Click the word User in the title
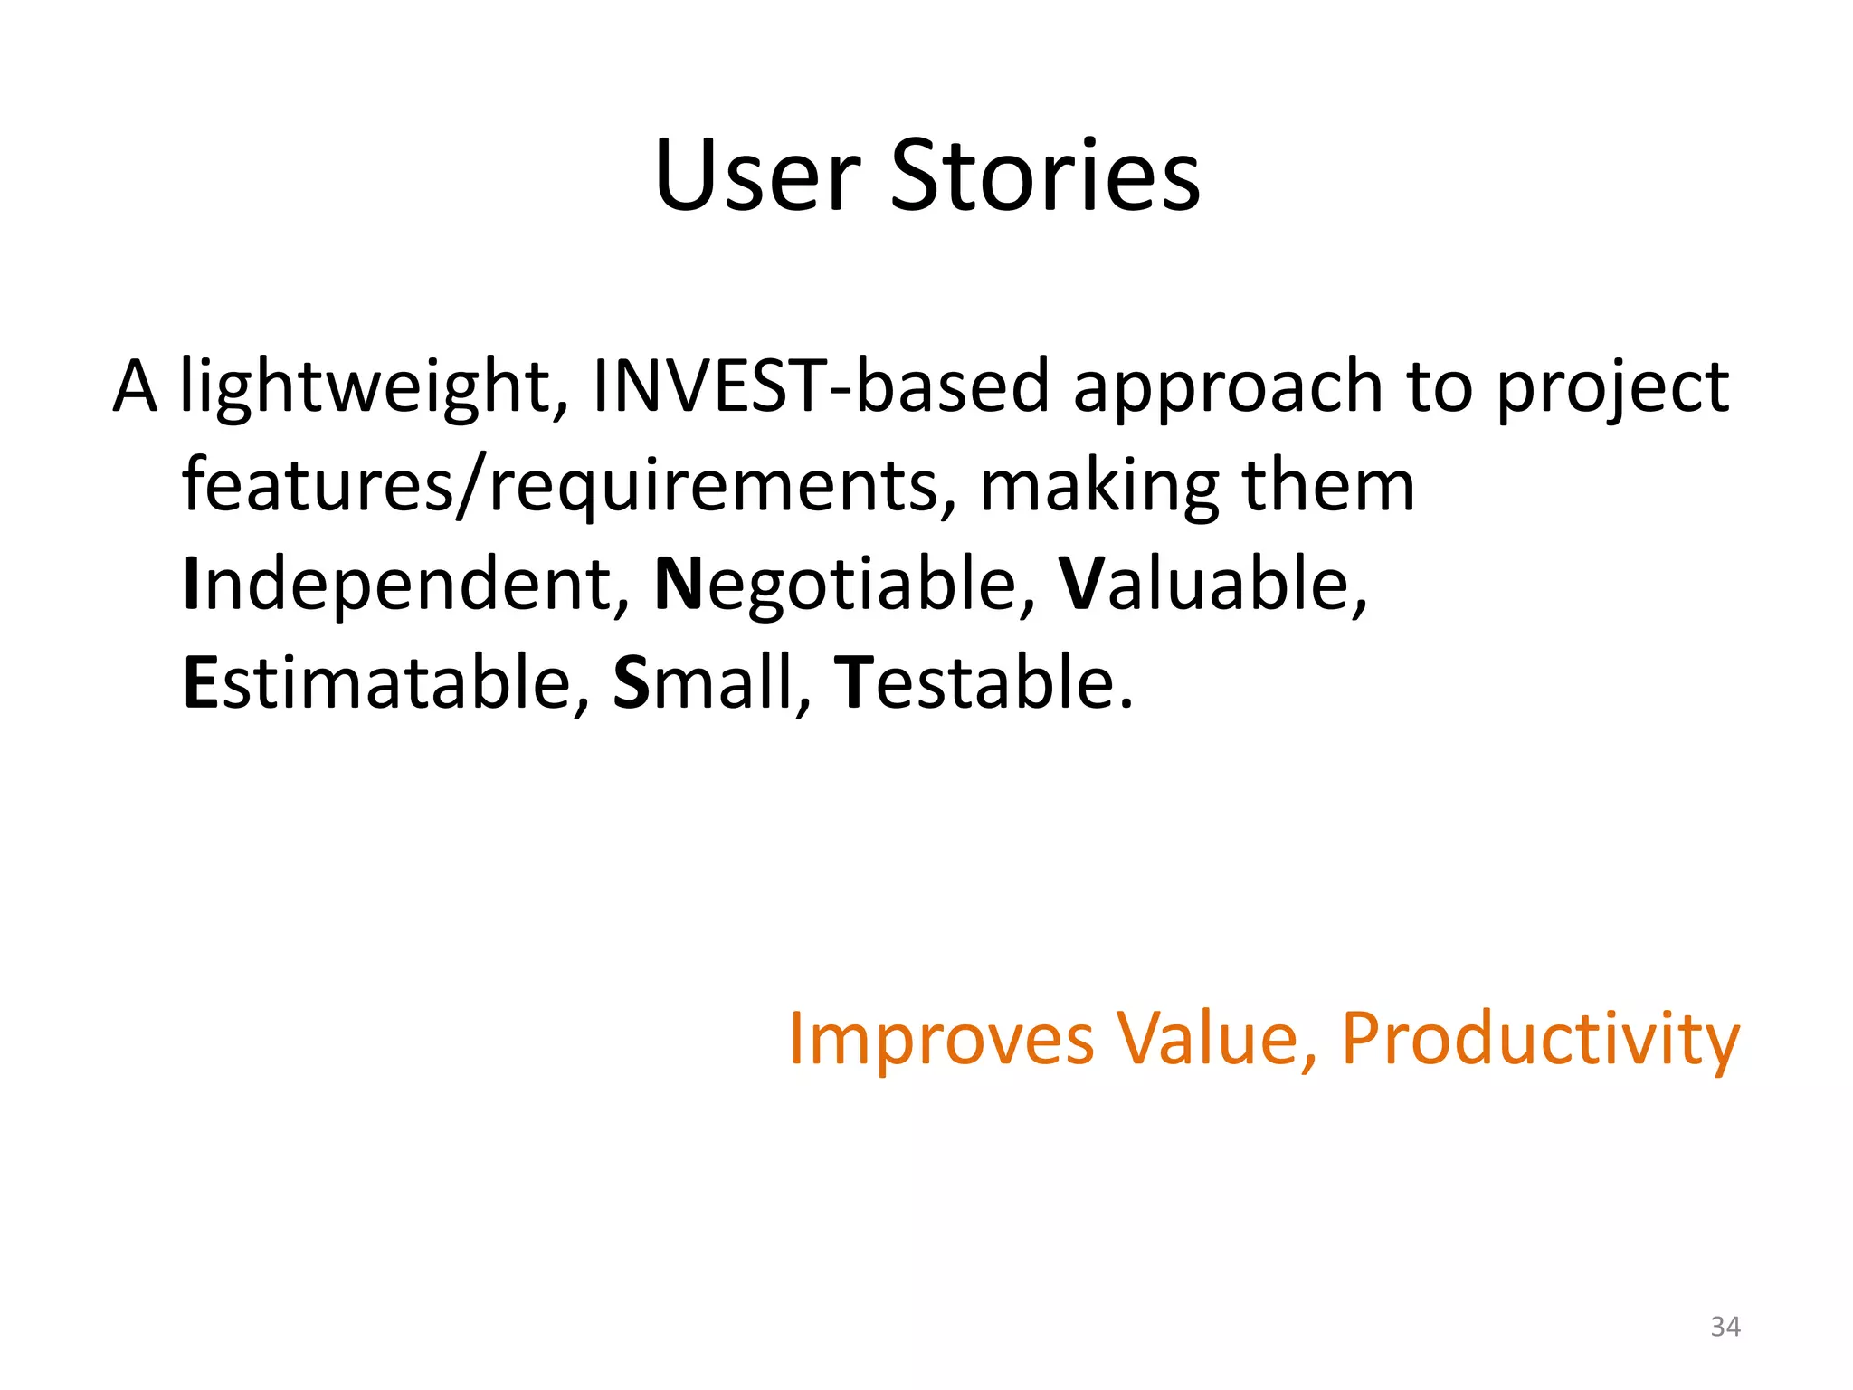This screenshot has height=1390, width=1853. click(x=757, y=176)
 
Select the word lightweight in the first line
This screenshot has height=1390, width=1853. click(x=374, y=387)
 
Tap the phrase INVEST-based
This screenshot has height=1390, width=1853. click(x=820, y=386)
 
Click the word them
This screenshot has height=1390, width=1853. click(x=1327, y=485)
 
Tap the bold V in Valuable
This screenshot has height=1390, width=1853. click(x=1080, y=585)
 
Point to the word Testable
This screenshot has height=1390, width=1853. click(x=983, y=682)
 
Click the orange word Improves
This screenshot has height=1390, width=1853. click(x=941, y=1040)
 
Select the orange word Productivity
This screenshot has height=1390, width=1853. click(x=1540, y=1040)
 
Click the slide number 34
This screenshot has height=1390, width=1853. click(x=1725, y=1327)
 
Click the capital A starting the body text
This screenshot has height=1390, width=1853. click(x=135, y=387)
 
